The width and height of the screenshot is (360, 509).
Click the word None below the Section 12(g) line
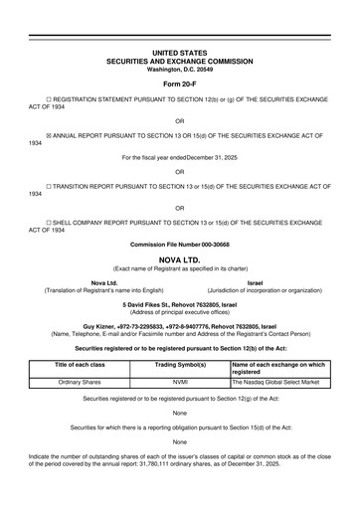point(179,413)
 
